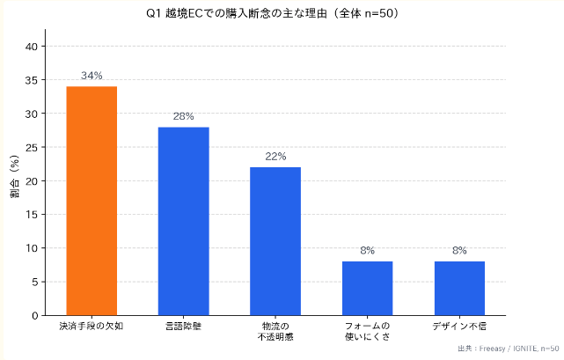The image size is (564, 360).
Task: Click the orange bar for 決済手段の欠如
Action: pos(92,201)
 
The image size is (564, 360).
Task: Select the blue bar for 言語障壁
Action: pos(184,221)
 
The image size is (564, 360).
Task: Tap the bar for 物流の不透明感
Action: pos(275,241)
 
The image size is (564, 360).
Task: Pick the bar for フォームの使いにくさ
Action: pos(367,288)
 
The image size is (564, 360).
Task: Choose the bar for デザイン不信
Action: pos(459,288)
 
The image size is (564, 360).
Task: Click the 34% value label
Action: pos(92,76)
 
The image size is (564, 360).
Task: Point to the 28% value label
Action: pos(184,116)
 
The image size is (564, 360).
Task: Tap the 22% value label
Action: pos(275,157)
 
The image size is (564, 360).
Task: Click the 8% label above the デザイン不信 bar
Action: pos(459,251)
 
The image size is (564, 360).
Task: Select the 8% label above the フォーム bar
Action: pos(367,251)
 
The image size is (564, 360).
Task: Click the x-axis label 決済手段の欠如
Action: pos(92,327)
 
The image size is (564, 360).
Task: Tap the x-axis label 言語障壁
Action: pos(184,327)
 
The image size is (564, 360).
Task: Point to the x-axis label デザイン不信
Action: pos(459,327)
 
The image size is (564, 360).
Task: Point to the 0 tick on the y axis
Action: pos(35,315)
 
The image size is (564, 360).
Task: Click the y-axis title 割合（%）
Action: pos(14,180)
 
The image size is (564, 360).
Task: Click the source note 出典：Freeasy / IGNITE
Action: pos(509,349)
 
